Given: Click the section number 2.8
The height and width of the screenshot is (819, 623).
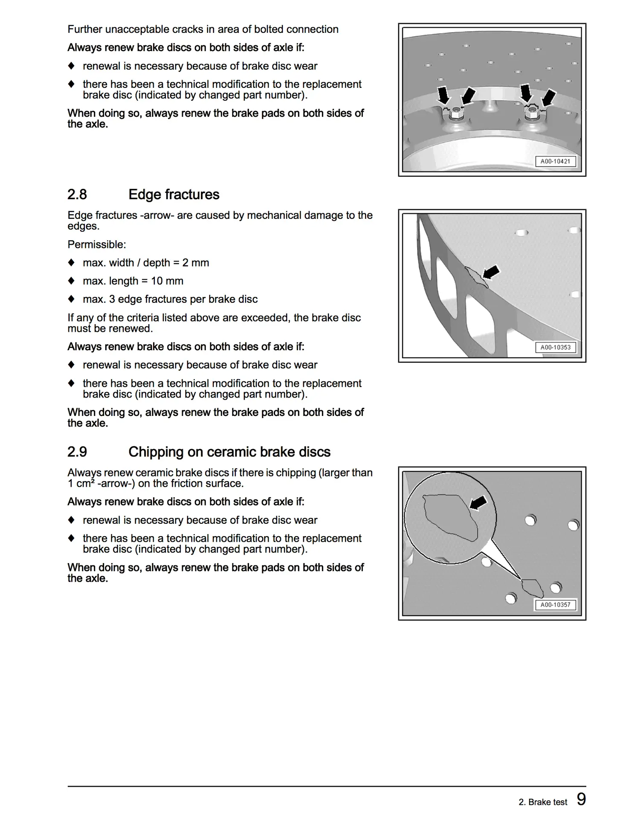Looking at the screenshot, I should coord(77,195).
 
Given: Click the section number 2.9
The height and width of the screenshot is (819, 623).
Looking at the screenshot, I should coord(77,452).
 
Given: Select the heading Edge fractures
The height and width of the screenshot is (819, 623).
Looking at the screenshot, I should coord(174,195).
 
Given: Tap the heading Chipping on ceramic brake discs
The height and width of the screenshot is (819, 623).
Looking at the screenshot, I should coord(229,452).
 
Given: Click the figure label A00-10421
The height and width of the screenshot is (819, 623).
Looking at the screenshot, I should coord(555,162).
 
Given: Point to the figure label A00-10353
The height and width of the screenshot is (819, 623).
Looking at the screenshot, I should coord(555,347).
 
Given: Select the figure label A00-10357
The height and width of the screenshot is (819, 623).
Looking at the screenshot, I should coord(555,605).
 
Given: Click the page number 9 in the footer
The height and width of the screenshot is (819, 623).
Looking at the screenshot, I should coord(581,799).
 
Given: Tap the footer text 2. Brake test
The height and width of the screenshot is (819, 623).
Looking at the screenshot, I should coord(542,802).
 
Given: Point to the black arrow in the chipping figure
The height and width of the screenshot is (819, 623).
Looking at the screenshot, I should coord(478,502).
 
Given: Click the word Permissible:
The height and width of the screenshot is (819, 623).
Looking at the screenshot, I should coord(97,244).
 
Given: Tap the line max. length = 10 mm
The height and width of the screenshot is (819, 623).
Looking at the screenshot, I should coord(133,281).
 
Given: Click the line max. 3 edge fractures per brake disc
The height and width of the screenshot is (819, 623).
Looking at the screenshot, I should coord(170,299).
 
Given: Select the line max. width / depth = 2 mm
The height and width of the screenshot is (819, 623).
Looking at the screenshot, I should coord(145,263).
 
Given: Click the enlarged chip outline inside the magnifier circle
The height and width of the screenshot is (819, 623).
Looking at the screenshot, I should coord(450,517).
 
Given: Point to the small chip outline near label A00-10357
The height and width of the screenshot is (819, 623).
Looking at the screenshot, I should coord(532,588).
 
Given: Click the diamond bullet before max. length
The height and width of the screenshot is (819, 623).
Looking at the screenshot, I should coord(71,281).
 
